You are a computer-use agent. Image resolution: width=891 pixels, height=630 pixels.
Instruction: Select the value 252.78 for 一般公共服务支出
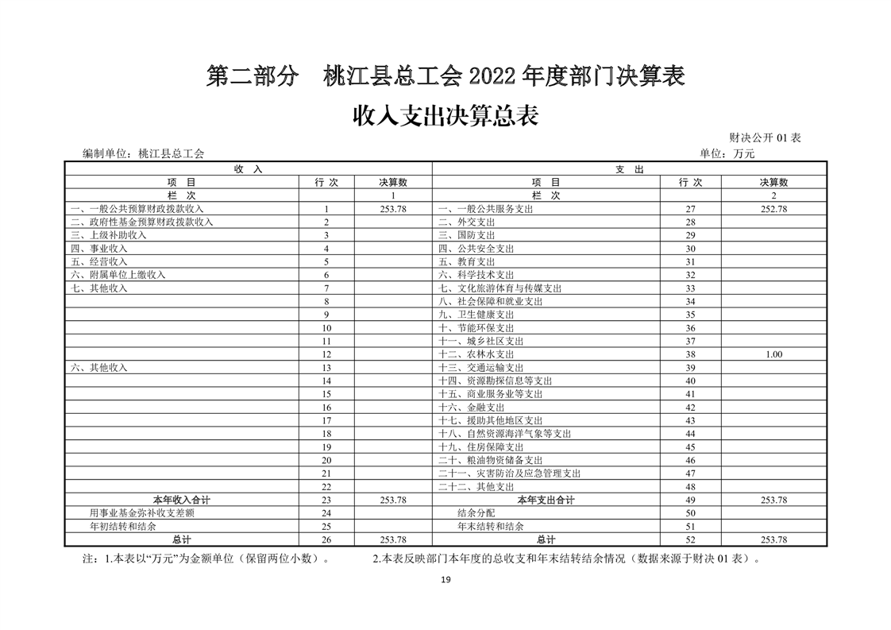[773, 209]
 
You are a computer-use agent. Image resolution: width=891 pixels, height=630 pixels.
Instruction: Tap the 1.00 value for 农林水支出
[773, 354]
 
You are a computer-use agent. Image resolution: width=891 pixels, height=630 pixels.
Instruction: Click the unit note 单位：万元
[727, 154]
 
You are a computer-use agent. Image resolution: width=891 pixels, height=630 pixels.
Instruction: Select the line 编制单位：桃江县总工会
[143, 154]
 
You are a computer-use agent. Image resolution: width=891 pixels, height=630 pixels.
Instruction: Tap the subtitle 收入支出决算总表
[445, 116]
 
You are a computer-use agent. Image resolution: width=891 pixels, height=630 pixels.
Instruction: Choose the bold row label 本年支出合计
[546, 500]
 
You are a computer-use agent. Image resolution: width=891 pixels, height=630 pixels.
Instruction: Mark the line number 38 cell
[690, 354]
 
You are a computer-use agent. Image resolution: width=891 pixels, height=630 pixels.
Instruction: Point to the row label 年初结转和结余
[123, 526]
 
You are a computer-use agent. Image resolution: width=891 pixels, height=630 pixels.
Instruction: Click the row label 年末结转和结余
[491, 526]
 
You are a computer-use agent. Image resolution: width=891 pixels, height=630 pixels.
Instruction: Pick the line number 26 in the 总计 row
[326, 539]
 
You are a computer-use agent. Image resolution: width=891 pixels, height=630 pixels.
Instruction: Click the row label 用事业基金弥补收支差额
[142, 513]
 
